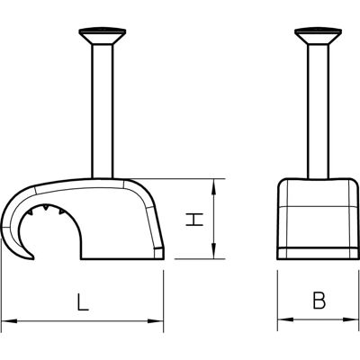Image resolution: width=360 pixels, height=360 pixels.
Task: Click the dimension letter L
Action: click(x=83, y=301)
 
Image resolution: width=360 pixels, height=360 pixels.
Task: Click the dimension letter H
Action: click(x=194, y=220)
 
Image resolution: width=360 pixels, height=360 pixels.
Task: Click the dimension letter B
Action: click(x=319, y=301)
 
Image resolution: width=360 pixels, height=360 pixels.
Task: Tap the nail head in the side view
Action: click(x=103, y=36)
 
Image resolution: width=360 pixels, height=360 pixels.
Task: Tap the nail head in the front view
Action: click(x=318, y=36)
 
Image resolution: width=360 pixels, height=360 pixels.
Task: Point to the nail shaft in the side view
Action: click(x=103, y=112)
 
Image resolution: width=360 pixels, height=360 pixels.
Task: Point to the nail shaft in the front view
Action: click(x=319, y=112)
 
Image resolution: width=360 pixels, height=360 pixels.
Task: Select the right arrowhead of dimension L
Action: click(x=156, y=321)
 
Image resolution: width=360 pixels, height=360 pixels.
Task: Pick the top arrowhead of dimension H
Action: click(x=213, y=186)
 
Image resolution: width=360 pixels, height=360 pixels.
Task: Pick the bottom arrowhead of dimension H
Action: click(x=213, y=251)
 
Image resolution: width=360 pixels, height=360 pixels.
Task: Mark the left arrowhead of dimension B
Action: click(x=285, y=319)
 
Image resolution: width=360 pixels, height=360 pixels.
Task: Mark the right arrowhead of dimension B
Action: click(x=352, y=319)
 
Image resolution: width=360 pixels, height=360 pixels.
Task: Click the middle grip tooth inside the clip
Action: click(x=46, y=207)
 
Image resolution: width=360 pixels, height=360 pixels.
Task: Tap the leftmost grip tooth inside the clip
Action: click(x=30, y=212)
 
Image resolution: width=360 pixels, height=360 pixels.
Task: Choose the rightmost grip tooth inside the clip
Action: click(x=62, y=211)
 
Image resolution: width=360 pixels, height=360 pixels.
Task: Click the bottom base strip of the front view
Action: click(x=318, y=254)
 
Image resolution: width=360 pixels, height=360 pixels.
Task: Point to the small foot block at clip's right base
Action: click(x=159, y=254)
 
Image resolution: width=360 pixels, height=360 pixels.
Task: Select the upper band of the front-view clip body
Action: click(x=318, y=193)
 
